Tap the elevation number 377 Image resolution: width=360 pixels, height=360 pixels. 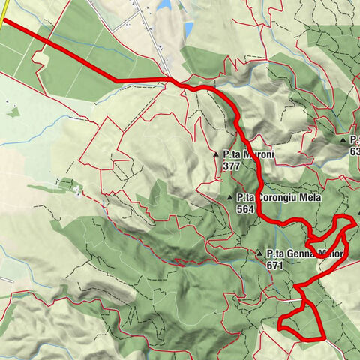(231, 165)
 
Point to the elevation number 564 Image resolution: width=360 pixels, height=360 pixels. (244, 209)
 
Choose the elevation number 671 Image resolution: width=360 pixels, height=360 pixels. (274, 265)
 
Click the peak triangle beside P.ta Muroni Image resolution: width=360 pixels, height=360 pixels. (216, 154)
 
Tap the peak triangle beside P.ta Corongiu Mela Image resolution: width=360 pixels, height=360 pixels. (230, 197)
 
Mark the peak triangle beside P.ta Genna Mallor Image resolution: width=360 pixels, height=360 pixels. (259, 253)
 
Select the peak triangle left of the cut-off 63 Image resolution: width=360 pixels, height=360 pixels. (343, 139)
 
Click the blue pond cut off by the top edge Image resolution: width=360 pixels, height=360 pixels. (164, 4)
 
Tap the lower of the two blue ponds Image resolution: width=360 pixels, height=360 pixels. (187, 29)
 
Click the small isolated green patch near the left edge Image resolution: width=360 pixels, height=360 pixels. (13, 112)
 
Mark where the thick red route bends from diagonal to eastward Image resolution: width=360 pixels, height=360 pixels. (114, 79)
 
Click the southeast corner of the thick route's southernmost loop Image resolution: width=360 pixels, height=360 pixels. (322, 338)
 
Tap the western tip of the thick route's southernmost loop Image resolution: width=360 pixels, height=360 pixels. (279, 328)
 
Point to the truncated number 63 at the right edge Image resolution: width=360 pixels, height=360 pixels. (355, 151)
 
